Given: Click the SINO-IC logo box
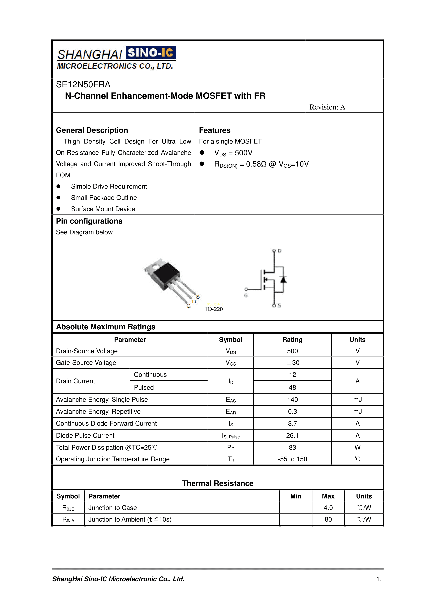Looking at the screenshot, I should click(x=151, y=53).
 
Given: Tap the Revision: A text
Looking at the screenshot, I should click(x=327, y=107).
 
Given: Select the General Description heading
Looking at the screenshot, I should click(x=92, y=130).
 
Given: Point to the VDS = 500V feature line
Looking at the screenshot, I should click(x=233, y=153).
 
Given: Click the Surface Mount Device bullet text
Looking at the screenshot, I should click(x=103, y=209).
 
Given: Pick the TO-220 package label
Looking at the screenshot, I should click(x=214, y=309).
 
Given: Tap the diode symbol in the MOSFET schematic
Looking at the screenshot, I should click(x=283, y=279).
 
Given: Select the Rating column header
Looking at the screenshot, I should click(x=292, y=340).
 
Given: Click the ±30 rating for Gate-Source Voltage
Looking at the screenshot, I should click(x=293, y=363).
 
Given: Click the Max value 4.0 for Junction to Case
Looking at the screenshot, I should click(x=328, y=508).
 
